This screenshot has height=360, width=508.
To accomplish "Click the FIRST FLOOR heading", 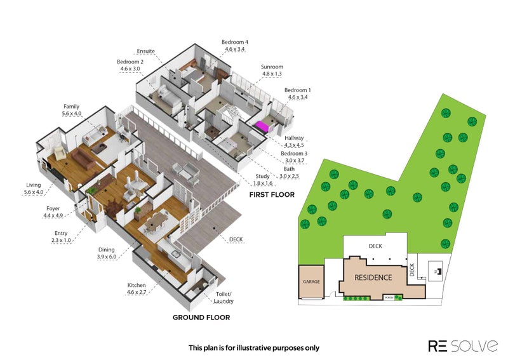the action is (x=272, y=195).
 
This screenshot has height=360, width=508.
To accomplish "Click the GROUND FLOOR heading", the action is (x=201, y=317).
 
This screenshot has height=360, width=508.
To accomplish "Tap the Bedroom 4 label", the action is (x=235, y=42).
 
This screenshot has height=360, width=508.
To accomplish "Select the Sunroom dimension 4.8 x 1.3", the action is (x=272, y=74).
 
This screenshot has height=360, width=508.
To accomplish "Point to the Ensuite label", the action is (x=146, y=51).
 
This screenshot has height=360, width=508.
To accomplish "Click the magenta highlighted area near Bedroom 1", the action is (x=263, y=127).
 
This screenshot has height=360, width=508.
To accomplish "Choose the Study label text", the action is (x=262, y=177).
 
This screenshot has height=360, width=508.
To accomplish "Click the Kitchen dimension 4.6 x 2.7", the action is (x=137, y=292).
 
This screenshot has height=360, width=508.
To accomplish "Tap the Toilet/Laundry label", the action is (x=224, y=298).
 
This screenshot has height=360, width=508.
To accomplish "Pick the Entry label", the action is (x=61, y=233).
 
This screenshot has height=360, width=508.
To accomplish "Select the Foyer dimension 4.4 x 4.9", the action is (x=53, y=215).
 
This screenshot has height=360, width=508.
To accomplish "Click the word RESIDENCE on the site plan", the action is (x=373, y=277).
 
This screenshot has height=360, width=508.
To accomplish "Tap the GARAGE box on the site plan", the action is (x=311, y=282).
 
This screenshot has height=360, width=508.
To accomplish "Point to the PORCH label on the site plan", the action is (x=388, y=298).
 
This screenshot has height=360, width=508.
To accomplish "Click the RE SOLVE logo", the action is (x=463, y=346).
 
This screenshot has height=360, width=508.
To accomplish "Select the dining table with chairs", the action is (x=156, y=222).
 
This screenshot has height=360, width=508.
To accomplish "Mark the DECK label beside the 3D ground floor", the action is (x=236, y=239).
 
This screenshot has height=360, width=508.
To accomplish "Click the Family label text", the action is (x=71, y=107).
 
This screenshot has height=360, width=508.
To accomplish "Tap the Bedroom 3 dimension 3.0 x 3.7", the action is (x=295, y=161).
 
